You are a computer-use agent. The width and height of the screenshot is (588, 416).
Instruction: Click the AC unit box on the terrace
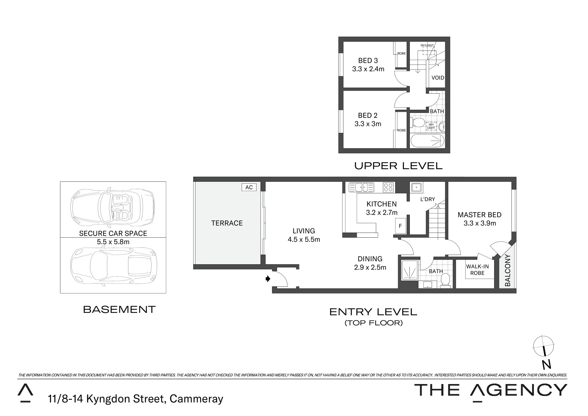(x=249, y=187)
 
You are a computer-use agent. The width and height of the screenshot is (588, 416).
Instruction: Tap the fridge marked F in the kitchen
(x=400, y=226)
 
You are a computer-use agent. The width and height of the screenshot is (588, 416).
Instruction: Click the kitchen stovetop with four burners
(x=388, y=188)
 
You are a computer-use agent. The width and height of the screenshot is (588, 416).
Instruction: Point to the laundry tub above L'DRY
(x=416, y=188)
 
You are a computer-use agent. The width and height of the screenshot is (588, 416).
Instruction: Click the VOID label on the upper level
(x=438, y=77)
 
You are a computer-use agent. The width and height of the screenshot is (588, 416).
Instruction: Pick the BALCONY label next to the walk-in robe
(x=508, y=270)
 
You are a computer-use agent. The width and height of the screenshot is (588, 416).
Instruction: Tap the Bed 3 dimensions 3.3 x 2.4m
(x=368, y=69)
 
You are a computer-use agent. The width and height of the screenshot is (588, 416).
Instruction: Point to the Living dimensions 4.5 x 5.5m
(x=304, y=239)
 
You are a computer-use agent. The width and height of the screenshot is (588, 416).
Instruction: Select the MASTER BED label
(x=479, y=215)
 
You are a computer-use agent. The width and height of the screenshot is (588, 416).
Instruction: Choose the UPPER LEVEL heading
(x=398, y=166)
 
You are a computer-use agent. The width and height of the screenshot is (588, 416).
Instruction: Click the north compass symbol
(x=544, y=345)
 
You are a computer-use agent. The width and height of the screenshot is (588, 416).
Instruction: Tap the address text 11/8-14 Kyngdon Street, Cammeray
(x=135, y=399)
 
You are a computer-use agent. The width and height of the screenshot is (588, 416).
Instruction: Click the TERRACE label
(x=227, y=223)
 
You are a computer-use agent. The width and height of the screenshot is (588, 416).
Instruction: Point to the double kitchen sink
(x=361, y=188)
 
